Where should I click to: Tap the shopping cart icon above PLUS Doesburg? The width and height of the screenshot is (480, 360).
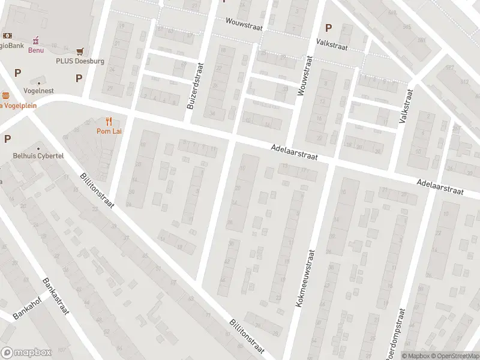click(x=79, y=51)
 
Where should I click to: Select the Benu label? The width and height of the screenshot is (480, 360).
click(x=35, y=50)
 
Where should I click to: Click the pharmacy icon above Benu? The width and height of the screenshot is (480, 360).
click(x=35, y=40)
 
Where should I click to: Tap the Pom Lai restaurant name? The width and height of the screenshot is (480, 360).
click(x=109, y=131)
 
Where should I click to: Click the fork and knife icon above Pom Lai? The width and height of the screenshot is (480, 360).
click(x=109, y=121)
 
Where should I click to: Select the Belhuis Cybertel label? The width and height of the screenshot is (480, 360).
click(x=38, y=157)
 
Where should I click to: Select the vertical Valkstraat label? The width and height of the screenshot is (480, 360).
click(x=406, y=108)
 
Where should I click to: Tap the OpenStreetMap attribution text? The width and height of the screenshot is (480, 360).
click(x=454, y=356)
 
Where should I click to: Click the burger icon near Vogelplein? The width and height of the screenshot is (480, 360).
click(x=6, y=96)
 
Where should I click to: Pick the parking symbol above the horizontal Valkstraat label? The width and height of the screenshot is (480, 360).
click(x=328, y=27)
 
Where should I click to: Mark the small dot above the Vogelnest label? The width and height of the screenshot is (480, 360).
click(x=39, y=83)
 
